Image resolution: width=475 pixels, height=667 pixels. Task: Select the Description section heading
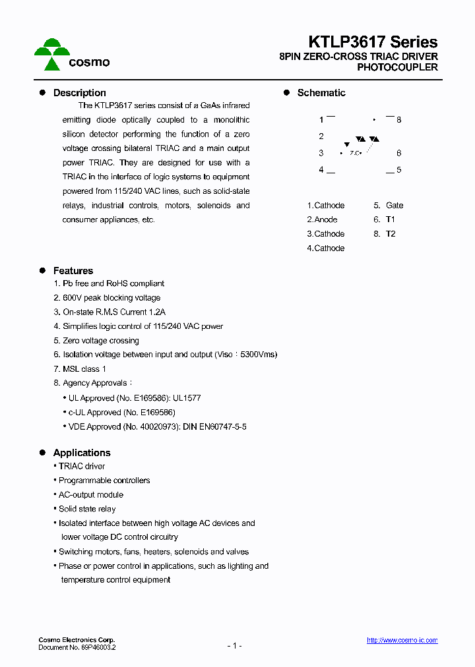tap(79, 93)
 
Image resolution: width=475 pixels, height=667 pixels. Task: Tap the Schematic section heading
tap(321, 93)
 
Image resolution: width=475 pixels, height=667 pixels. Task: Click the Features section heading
tap(73, 271)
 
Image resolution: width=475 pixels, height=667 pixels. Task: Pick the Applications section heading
tap(82, 453)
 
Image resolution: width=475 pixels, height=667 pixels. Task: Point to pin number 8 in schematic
tap(398, 120)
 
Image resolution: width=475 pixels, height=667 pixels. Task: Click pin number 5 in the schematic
tap(398, 170)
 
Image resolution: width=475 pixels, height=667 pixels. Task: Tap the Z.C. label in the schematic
tap(355, 153)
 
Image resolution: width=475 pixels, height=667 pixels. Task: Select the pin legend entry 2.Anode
tap(322, 219)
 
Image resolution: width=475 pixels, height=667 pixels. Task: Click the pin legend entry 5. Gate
tap(389, 206)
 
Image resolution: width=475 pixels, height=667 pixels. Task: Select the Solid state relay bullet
tap(87, 509)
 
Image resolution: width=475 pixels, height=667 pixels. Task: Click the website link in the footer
tap(402, 641)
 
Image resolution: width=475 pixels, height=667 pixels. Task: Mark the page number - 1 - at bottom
tap(234, 645)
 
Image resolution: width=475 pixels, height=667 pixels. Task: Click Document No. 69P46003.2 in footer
tap(77, 648)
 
